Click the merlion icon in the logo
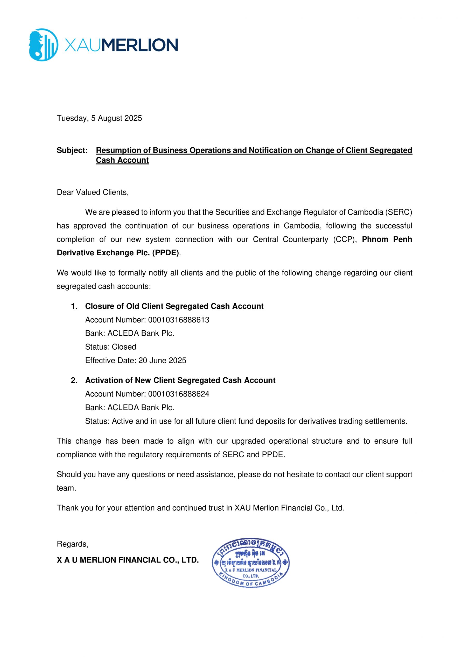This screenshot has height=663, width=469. [x=43, y=45]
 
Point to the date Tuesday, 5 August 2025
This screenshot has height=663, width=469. [x=99, y=118]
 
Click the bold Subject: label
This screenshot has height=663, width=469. [x=72, y=150]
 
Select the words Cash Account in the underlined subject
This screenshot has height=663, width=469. [x=122, y=160]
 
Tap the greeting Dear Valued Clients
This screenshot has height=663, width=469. [x=93, y=192]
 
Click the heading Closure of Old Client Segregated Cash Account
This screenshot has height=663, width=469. [x=174, y=306]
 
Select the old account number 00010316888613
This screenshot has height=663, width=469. [x=178, y=320]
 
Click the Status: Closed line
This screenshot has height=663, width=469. [x=110, y=347]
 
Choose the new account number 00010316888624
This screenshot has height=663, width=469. [x=178, y=394]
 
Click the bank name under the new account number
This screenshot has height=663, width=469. [x=141, y=407]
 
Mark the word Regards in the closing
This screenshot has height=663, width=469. [x=72, y=544]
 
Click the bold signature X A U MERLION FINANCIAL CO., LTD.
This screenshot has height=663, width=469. [x=128, y=560]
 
